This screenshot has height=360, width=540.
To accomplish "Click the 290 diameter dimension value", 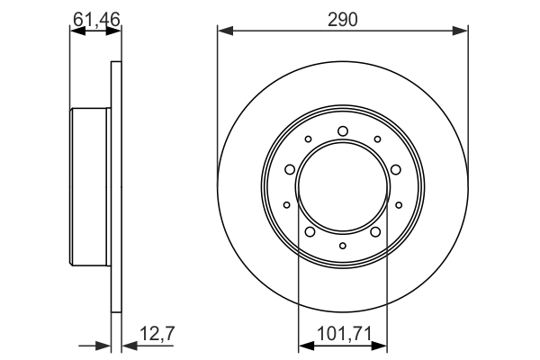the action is click(x=343, y=20).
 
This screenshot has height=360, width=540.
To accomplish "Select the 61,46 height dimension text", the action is click(x=96, y=19).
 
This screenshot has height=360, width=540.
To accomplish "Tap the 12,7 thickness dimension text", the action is click(x=157, y=334).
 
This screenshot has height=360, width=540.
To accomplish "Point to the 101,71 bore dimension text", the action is click(x=344, y=334).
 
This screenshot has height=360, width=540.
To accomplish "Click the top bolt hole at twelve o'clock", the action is click(x=343, y=131).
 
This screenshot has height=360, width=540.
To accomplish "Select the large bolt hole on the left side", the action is click(x=290, y=169).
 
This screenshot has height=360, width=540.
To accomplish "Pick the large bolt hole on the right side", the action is click(x=396, y=169).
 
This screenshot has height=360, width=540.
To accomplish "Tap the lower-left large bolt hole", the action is click(x=310, y=232).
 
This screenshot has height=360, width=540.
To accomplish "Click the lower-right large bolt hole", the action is click(x=375, y=232).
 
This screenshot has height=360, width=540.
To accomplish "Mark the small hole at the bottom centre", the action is click(x=343, y=246).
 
